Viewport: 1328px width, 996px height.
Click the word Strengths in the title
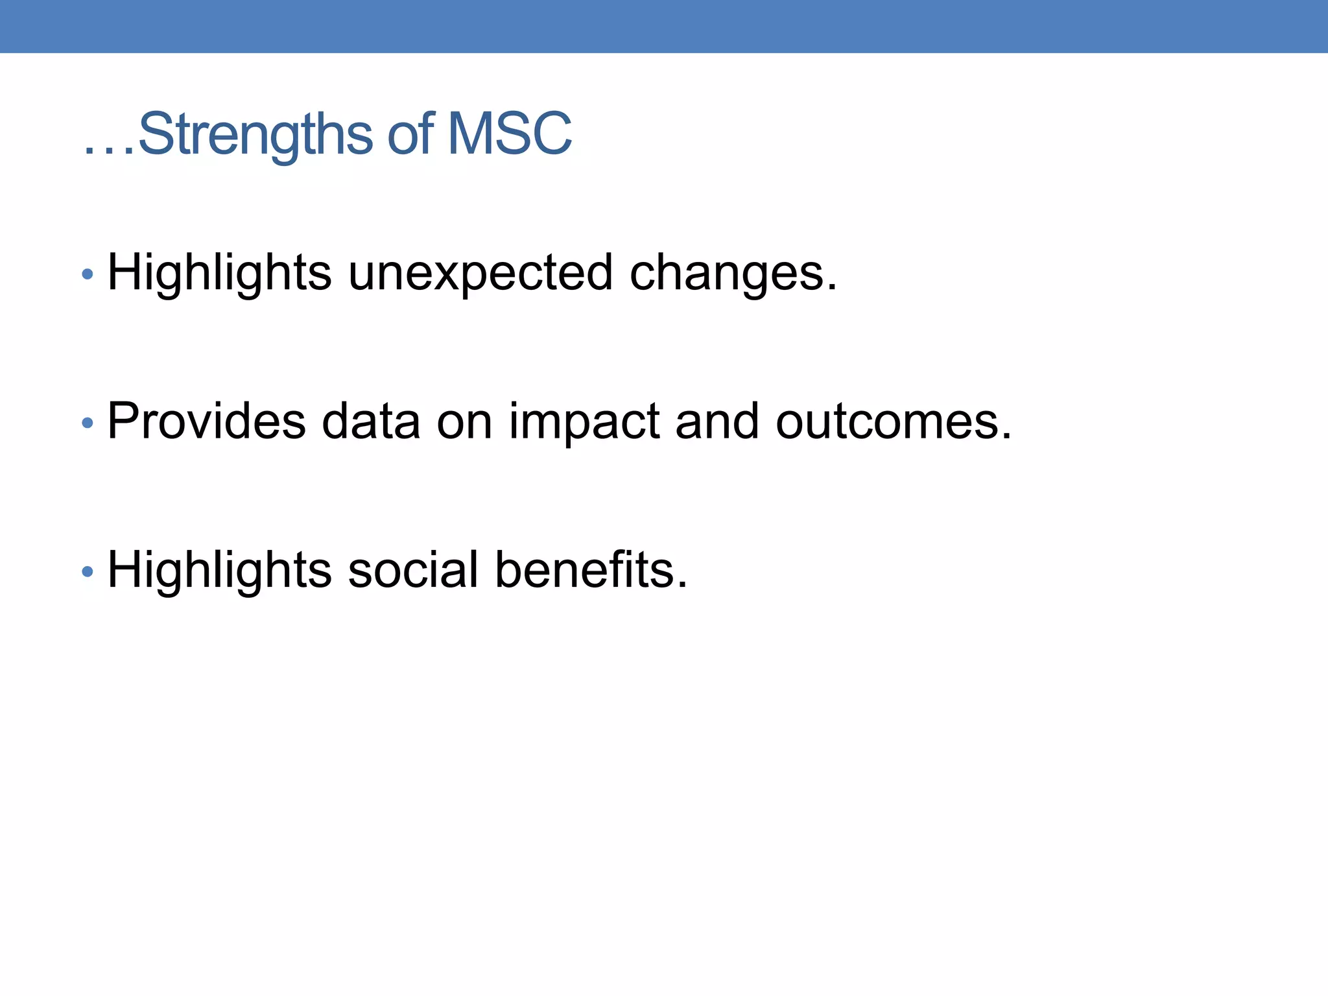[x=255, y=135]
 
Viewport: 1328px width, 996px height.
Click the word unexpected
[x=480, y=273]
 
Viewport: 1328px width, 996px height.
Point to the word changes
[x=733, y=273]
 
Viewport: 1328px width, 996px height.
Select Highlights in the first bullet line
[x=219, y=273]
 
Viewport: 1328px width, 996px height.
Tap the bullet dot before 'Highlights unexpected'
[x=88, y=275]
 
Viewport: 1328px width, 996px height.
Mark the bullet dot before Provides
[x=88, y=423]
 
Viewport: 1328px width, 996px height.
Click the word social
[x=413, y=570]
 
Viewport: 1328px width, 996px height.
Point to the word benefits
[x=590, y=570]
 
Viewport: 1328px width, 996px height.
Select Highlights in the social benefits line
[x=219, y=570]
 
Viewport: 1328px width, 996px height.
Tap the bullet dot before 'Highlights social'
[x=88, y=572]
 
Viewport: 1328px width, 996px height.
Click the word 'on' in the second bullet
[x=464, y=423]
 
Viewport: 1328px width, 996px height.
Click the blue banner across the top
[x=664, y=26]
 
